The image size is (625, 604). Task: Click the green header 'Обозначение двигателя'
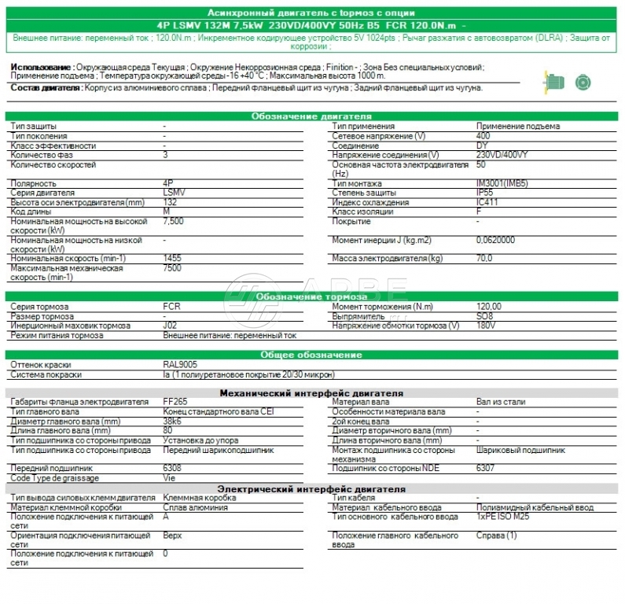[312, 116]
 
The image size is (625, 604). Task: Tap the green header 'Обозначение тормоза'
[312, 296]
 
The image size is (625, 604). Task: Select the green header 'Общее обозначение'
[312, 355]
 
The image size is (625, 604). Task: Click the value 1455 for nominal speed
[173, 258]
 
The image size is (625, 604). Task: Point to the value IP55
[485, 193]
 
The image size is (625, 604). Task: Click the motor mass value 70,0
[484, 258]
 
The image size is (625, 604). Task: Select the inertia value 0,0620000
[496, 239]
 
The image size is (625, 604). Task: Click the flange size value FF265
[175, 402]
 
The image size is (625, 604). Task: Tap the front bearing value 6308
[171, 468]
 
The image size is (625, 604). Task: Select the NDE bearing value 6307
[486, 468]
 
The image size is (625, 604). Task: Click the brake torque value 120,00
[489, 306]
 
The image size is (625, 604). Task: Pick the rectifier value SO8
[484, 315]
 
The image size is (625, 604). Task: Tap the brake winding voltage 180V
[486, 325]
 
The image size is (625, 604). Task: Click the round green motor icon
[583, 81]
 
